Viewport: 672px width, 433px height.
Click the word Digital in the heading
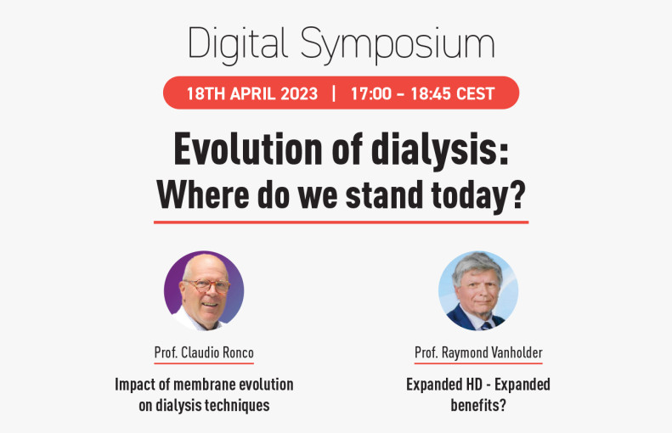click(237, 44)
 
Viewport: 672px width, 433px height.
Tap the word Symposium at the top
click(398, 44)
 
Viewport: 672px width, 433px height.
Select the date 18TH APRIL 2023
click(252, 93)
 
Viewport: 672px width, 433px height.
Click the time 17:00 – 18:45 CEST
click(422, 93)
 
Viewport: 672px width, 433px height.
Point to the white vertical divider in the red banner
click(334, 93)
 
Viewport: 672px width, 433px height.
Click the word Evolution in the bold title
click(248, 149)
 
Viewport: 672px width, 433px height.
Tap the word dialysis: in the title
click(440, 149)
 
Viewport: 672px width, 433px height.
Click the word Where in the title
click(203, 195)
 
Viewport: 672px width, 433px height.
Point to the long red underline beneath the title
click(342, 222)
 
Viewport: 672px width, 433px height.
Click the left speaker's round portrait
click(204, 291)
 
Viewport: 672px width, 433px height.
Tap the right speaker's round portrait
click(478, 291)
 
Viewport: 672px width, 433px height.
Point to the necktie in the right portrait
click(487, 326)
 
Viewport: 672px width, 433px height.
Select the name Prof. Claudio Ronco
click(204, 353)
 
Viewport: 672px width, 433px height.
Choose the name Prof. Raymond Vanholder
click(478, 353)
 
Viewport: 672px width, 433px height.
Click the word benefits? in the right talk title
click(478, 405)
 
